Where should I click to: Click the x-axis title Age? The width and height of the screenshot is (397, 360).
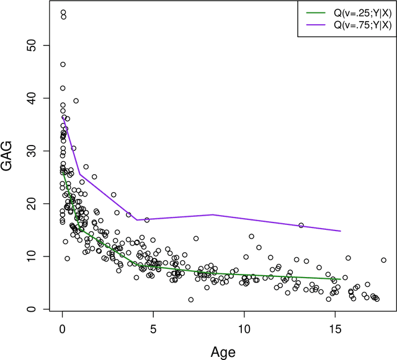[x=222, y=352]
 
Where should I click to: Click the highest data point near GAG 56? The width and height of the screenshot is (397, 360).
[x=63, y=12]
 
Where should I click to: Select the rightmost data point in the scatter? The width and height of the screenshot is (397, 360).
[x=383, y=260]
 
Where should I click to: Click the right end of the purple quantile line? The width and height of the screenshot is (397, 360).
[x=341, y=231]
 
